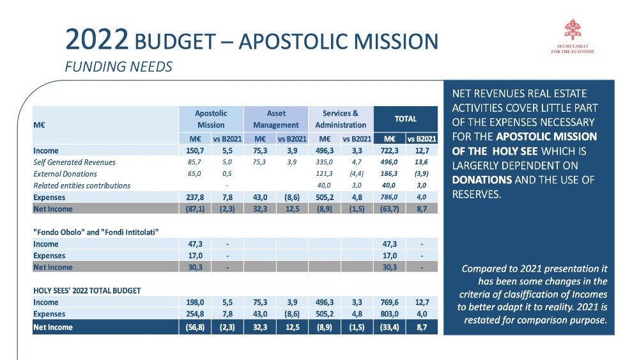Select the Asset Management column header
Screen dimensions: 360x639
pos(275,119)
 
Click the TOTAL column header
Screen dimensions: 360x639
pos(405,119)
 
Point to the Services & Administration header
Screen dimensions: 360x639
pos(340,119)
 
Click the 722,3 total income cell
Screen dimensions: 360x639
pos(389,151)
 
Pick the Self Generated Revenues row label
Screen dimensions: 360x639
pos(75,162)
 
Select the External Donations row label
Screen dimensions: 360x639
pos(65,174)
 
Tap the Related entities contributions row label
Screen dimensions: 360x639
pos(82,185)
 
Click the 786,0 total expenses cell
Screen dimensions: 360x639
pos(389,197)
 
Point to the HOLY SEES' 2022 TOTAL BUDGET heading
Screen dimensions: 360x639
pos(87,290)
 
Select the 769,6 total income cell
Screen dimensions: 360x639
pos(389,302)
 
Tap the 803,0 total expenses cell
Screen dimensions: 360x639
pos(389,314)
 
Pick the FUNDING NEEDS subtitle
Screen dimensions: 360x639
pos(119,67)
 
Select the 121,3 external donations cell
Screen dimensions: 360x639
pos(324,174)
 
